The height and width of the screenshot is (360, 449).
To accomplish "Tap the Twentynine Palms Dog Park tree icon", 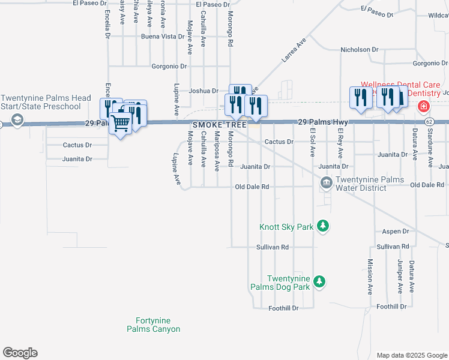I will [320, 281].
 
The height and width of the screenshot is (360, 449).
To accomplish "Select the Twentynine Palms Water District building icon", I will [326, 182].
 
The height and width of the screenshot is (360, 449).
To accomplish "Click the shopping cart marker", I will [121, 124].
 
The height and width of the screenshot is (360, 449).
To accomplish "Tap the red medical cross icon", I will [424, 106].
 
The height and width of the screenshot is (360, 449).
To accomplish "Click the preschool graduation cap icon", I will [19, 121].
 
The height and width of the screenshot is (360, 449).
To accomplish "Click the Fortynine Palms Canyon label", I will [153, 325].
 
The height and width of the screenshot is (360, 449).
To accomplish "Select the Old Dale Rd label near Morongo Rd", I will [252, 187].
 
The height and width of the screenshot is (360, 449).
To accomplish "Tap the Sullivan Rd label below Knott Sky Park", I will [273, 247].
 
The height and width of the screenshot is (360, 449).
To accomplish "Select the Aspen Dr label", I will [396, 231].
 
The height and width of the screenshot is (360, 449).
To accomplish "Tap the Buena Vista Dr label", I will [163, 37].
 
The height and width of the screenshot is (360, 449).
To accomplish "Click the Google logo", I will [20, 353].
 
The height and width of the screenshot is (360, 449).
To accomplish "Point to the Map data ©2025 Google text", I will [411, 355].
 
